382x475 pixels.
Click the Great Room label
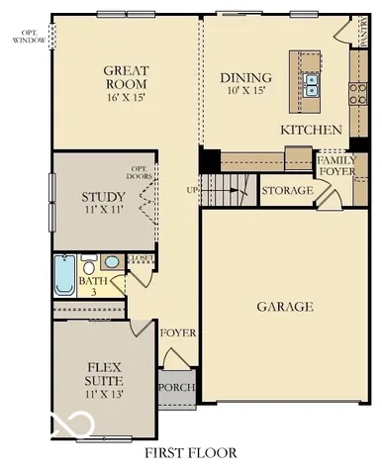click(127, 77)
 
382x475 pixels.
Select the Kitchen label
click(311, 130)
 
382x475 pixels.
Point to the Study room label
click(103, 196)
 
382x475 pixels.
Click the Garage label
click(285, 307)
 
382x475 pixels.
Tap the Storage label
click(287, 189)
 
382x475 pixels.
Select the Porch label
click(177, 387)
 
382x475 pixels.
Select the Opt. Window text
click(28, 37)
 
